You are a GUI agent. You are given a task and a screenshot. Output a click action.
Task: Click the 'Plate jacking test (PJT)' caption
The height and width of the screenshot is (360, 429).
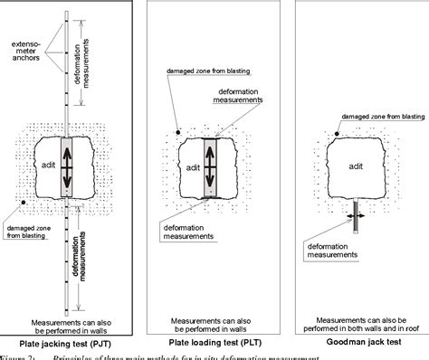pyautogui.click(x=72, y=345)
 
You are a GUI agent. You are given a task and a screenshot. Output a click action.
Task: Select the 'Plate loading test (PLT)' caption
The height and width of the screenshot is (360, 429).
pyautogui.click(x=211, y=345)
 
